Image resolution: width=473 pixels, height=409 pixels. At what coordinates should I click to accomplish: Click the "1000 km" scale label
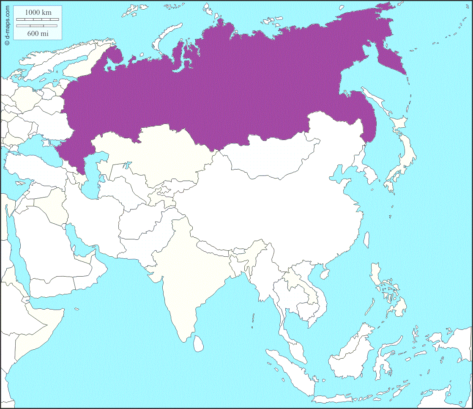(x=38, y=13)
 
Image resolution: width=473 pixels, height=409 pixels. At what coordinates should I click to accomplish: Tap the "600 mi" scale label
(x=38, y=33)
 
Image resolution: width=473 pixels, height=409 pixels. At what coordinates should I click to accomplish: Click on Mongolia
(x=271, y=156)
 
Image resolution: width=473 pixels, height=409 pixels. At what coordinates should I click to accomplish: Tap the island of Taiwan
(x=366, y=240)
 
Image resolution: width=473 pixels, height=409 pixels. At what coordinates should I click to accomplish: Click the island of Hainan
(x=325, y=274)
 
